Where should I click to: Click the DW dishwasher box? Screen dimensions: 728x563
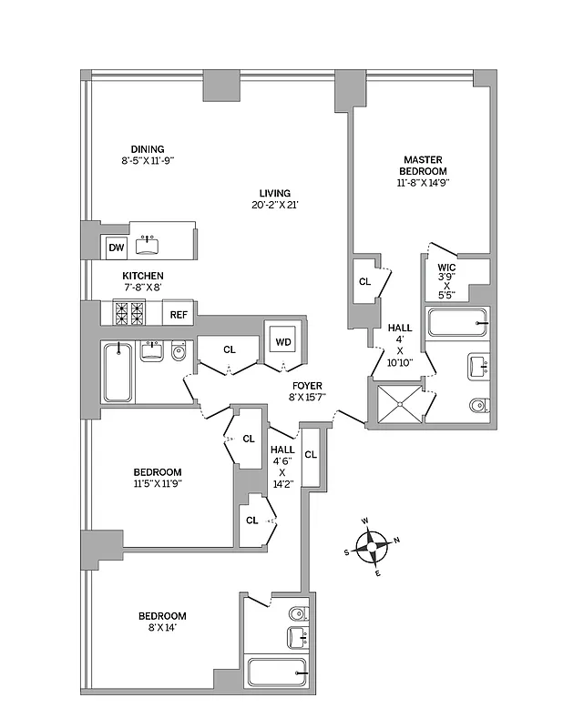click(x=116, y=247)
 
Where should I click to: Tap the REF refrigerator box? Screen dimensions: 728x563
click(x=179, y=315)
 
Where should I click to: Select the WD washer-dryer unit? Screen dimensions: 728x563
click(x=282, y=342)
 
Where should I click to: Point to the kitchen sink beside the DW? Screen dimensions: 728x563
click(x=148, y=245)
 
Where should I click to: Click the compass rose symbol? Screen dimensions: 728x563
click(x=373, y=548)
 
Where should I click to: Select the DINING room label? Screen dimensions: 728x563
click(x=147, y=149)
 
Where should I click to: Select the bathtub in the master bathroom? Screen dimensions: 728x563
click(x=458, y=324)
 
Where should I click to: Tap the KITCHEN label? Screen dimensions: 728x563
click(x=143, y=276)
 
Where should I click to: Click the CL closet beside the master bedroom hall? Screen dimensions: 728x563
click(x=364, y=282)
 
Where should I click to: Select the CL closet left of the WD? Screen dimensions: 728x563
click(x=229, y=349)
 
